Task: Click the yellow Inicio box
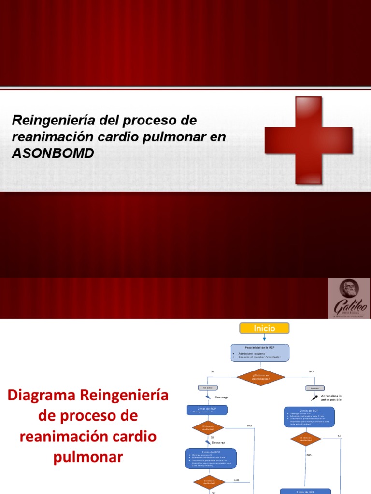(x=264, y=329)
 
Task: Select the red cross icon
(x=308, y=140)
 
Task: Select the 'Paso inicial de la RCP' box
(x=260, y=353)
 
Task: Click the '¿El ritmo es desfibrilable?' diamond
(x=260, y=377)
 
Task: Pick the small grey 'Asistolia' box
(x=314, y=388)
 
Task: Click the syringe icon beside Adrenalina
(x=314, y=398)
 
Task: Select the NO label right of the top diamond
(x=311, y=371)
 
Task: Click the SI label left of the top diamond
(x=212, y=371)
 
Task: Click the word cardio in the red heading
(x=136, y=437)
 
